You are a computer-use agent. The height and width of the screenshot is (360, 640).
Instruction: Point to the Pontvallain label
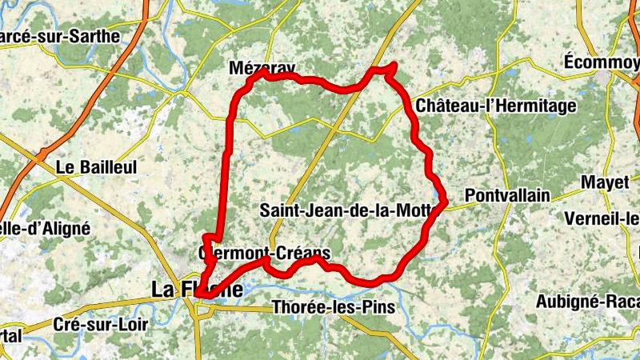(507, 195)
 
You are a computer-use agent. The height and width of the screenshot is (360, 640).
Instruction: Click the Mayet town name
(605, 182)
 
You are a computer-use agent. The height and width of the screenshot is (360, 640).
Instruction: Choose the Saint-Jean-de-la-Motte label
(348, 211)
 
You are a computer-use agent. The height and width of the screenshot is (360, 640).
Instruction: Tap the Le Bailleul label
(98, 168)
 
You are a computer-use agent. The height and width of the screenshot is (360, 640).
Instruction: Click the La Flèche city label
(197, 289)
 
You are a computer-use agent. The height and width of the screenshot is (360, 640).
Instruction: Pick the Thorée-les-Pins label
(334, 306)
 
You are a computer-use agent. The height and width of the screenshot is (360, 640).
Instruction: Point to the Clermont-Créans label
(264, 254)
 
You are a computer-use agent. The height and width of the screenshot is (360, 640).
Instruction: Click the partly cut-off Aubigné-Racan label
(587, 301)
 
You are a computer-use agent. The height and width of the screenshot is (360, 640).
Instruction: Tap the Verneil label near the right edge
(601, 218)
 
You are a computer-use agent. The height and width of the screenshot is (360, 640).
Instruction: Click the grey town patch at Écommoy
(614, 78)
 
